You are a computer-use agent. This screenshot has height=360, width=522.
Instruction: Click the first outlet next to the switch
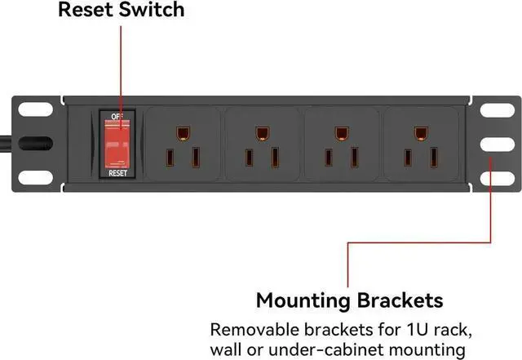coord(182,145)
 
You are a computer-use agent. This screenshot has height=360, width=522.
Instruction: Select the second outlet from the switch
coord(261,145)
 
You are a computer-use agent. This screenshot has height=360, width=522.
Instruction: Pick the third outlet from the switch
coord(340,145)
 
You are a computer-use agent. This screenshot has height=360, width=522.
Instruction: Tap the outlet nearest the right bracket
coord(419,145)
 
